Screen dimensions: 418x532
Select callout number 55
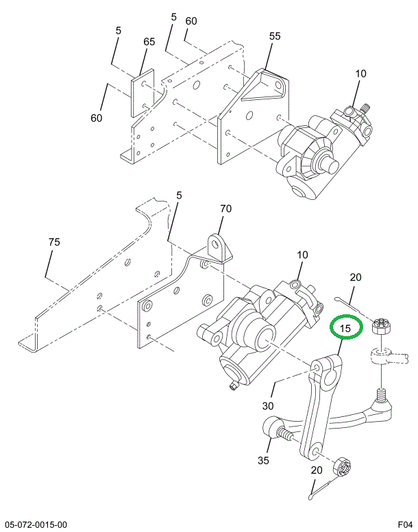(275, 36)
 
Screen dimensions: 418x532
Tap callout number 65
(149, 41)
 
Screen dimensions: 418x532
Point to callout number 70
(226, 208)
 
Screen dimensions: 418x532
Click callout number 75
(54, 242)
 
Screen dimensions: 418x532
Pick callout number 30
(268, 405)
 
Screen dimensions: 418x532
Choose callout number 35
(263, 460)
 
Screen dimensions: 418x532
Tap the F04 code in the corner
(406, 524)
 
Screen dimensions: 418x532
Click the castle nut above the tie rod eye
(382, 327)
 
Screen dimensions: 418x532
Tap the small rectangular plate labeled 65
(143, 93)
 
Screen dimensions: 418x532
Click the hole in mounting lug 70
(215, 244)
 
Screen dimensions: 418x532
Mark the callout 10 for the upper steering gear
(361, 73)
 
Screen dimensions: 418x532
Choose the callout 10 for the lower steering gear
(302, 255)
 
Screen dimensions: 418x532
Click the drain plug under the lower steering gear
(233, 385)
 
